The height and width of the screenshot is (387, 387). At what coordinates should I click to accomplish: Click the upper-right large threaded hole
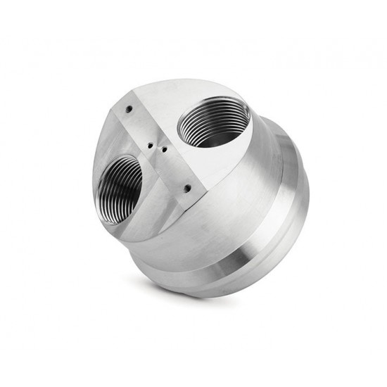[212, 123]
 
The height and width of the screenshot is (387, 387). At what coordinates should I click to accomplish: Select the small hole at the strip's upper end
[129, 109]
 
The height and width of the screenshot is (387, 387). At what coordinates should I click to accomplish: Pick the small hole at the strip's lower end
[186, 189]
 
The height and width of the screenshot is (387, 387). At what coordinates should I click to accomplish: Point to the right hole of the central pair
[163, 149]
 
